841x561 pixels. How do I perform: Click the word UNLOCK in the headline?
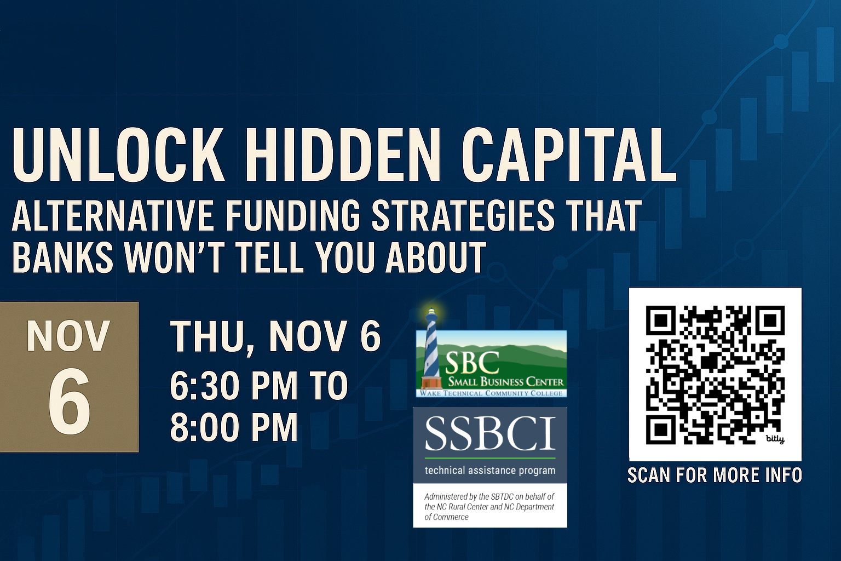[x=118, y=155]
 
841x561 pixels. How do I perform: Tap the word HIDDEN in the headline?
[x=341, y=155]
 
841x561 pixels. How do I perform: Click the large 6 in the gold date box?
[x=70, y=400]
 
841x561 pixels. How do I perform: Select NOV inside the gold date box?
[x=68, y=336]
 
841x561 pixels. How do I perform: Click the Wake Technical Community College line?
[x=491, y=393]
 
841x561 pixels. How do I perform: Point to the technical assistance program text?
[x=490, y=471]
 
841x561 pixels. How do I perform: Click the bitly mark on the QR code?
[x=775, y=439]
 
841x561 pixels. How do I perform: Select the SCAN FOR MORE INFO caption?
[x=715, y=476]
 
